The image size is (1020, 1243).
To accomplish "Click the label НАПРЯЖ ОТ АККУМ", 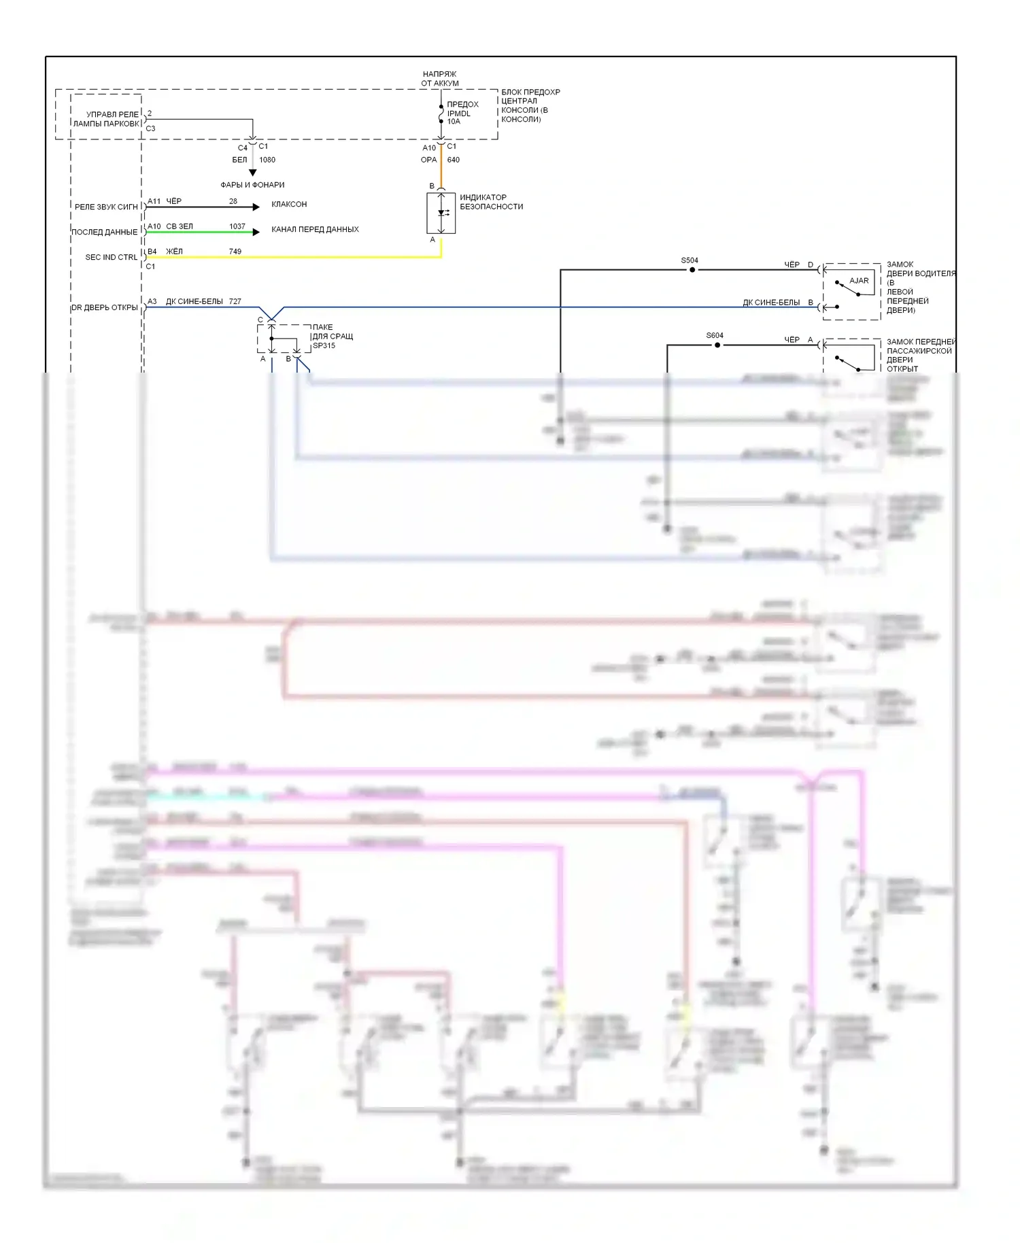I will (x=440, y=79).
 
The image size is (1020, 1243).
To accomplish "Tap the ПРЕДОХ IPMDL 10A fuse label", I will (x=462, y=113).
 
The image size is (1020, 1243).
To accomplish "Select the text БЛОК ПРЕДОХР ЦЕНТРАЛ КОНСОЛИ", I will (x=530, y=105).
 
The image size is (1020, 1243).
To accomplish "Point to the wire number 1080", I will (x=267, y=160).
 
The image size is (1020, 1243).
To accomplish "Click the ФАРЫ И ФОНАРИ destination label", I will (x=252, y=185).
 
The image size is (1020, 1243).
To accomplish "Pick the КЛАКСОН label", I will (x=289, y=204).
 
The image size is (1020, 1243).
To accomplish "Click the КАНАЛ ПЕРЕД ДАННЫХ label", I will (x=315, y=229).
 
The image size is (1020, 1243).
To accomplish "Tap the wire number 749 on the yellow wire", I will (x=235, y=252).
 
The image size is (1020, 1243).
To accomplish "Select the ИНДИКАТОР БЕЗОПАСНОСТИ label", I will (x=491, y=202).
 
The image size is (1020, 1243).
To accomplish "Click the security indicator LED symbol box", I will (x=441, y=213).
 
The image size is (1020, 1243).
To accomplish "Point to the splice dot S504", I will (x=692, y=270).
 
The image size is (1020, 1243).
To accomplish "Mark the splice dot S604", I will (x=717, y=345).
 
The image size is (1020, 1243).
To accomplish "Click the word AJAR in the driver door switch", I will (x=859, y=280).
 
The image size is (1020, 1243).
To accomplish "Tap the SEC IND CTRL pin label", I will (x=111, y=257).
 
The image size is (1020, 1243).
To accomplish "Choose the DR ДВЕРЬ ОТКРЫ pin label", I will (x=105, y=307).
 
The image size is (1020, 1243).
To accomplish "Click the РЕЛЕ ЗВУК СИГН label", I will (x=106, y=207).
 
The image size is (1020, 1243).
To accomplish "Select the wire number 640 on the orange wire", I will (x=454, y=160).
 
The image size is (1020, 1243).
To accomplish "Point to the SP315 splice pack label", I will (x=324, y=345).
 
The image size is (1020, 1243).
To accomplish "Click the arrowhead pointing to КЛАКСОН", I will (x=256, y=207).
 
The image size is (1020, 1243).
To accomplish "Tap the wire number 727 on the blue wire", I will (x=235, y=301).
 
